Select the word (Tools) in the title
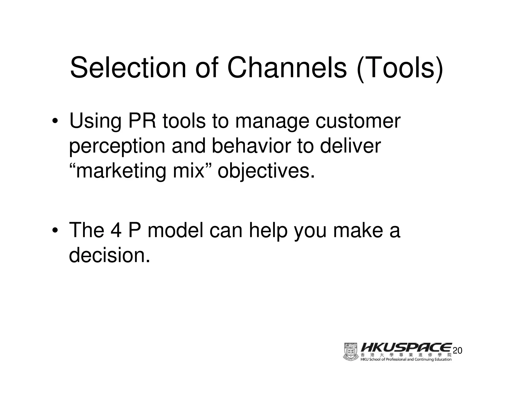click(399, 68)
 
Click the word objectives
click(266, 172)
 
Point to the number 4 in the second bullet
click(116, 230)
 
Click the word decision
click(109, 255)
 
